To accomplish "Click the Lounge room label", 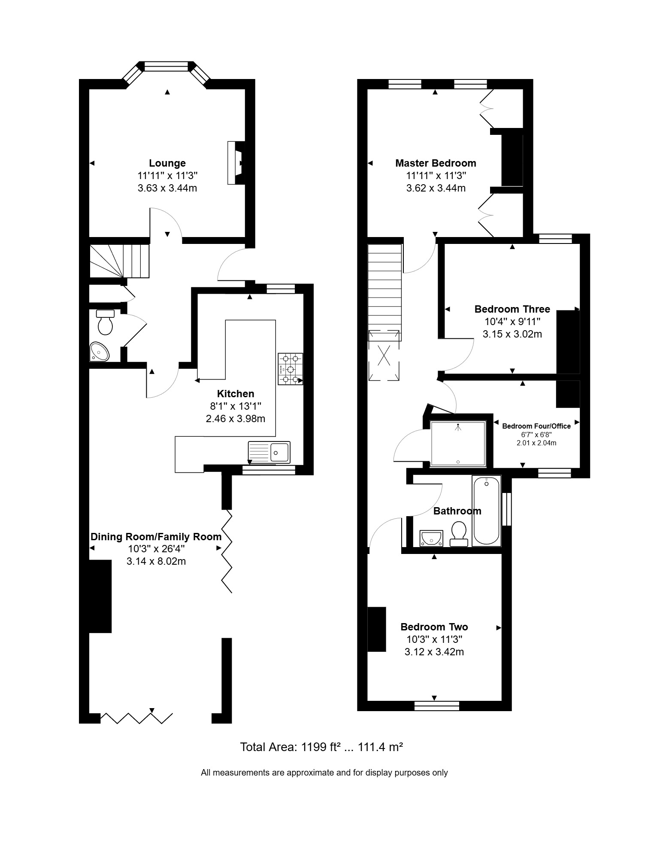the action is coord(167,163).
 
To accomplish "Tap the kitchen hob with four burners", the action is coord(291,369).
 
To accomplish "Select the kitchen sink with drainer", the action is coord(269,452).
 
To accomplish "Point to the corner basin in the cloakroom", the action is coord(100,352).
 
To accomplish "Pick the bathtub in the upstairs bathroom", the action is coord(487,511).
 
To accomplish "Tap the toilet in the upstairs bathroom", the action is coord(459,534).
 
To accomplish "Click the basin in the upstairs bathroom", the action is coord(431,538).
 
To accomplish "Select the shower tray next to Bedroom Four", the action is coord(458,444).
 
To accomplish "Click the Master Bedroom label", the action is coord(436,163).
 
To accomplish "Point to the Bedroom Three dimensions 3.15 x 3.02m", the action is coord(512,334).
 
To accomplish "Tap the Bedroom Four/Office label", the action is coord(536,426).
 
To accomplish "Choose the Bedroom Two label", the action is coord(434,627).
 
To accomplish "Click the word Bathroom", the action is coord(457,511).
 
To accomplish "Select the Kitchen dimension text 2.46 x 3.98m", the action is coord(236,419).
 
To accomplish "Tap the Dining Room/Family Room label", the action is coord(156,537).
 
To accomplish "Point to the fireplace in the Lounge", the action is coord(236,163).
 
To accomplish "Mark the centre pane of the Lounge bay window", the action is coord(166,66).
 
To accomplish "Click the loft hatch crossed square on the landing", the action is coord(384,355).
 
